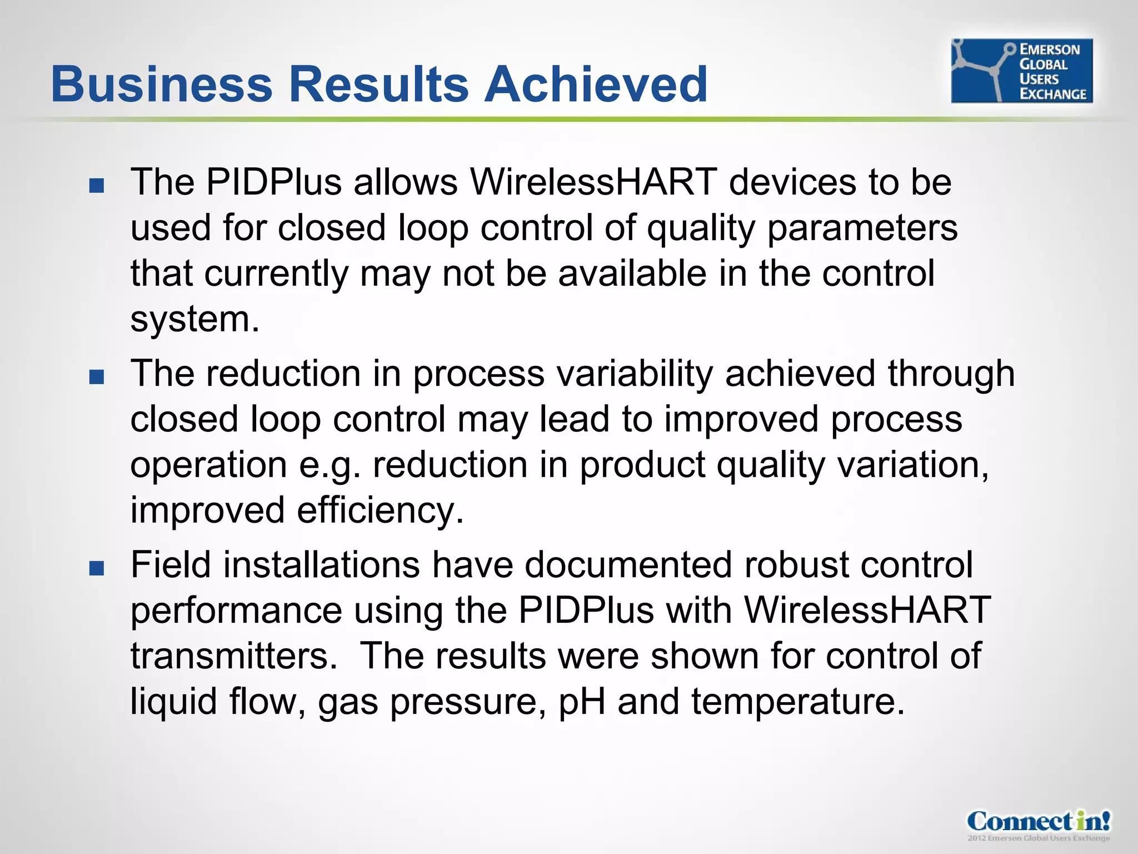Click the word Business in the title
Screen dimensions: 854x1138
tap(161, 85)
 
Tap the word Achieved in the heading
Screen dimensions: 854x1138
tap(596, 85)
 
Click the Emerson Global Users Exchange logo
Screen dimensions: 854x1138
tap(1021, 71)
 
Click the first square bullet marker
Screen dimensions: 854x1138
tap(97, 185)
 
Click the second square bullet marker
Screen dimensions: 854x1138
tap(97, 377)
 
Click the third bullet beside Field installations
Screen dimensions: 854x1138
tap(97, 568)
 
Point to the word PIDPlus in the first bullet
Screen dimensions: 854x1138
tap(273, 182)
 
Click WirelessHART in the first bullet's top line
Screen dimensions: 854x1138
tap(593, 182)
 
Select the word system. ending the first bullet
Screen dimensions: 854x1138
tap(194, 320)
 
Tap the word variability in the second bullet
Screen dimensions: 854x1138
tap(635, 373)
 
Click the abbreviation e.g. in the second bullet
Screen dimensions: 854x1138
tap(330, 466)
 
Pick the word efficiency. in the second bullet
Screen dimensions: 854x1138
tap(380, 510)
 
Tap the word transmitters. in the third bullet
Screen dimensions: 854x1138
tap(233, 656)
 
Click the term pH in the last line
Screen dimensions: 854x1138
tap(581, 702)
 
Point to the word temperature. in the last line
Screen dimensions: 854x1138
tap(798, 702)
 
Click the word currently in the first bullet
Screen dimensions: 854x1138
tap(276, 274)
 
